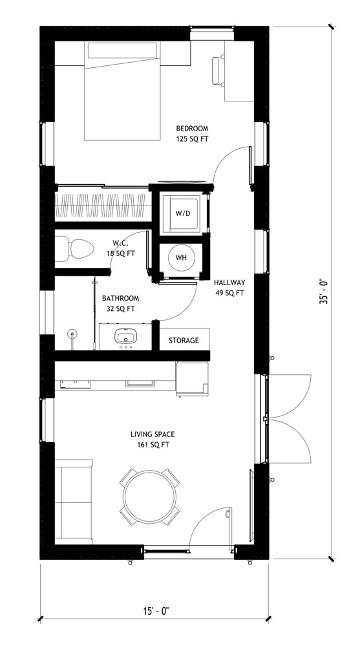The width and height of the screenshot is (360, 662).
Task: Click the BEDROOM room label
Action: point(193,128)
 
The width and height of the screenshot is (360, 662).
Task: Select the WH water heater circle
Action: point(181,258)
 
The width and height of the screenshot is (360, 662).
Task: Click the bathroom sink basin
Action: point(124,337)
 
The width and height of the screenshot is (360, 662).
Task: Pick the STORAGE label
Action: point(184,340)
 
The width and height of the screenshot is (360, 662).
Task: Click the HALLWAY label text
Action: point(229,283)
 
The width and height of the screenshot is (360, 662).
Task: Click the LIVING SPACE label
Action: point(153,434)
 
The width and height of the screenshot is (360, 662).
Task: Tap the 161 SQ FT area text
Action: point(153,445)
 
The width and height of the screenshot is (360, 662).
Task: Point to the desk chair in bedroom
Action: point(218,71)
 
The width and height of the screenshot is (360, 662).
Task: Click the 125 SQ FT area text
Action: point(193,138)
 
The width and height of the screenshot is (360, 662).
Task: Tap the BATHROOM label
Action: point(120,298)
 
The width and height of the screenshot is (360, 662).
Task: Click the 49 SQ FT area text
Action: point(229,293)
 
